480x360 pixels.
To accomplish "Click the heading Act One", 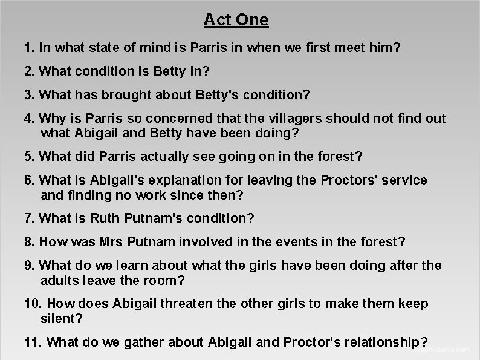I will pos(236,20).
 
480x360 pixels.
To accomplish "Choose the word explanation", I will pos(179,180).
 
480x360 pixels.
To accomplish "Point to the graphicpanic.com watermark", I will pos(444,349).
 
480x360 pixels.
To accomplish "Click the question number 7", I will pos(28,217).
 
